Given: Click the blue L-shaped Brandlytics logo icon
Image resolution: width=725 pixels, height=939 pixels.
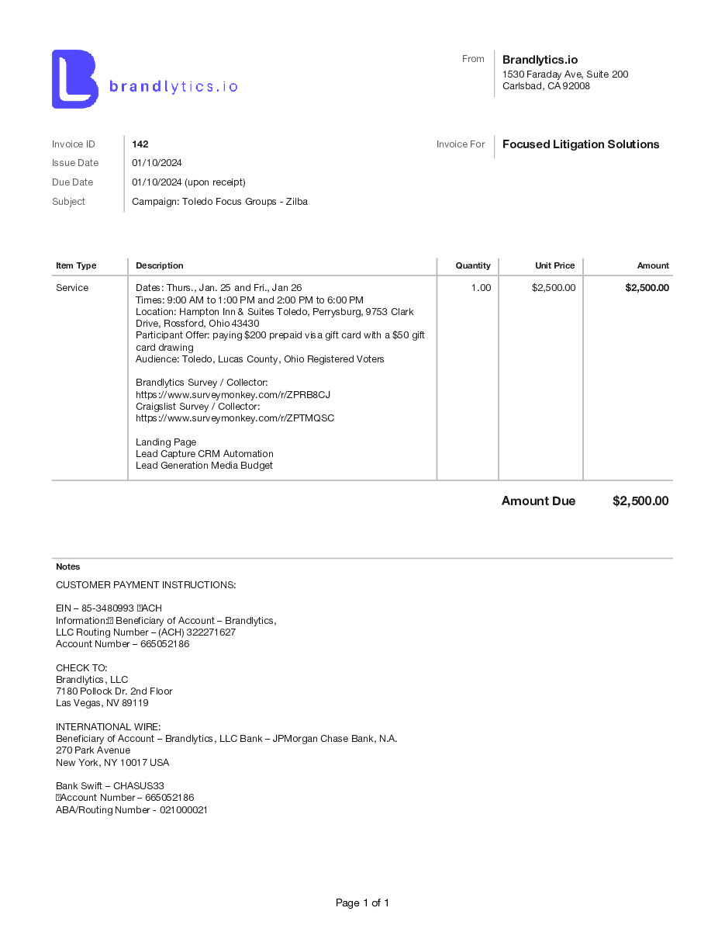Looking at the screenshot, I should [74, 79].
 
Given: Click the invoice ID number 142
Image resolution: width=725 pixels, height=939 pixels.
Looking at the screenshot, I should [140, 144].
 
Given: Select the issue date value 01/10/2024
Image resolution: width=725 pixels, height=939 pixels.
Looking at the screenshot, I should [157, 163].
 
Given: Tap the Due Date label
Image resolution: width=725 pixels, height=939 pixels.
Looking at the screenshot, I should [72, 182].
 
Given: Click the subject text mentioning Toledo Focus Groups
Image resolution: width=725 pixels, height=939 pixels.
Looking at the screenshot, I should [219, 202].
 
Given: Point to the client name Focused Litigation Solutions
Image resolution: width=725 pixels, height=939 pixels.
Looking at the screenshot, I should [581, 144].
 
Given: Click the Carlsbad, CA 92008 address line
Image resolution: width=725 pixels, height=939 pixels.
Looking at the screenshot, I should [546, 86].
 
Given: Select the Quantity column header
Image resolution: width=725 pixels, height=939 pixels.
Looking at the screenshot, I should [473, 265].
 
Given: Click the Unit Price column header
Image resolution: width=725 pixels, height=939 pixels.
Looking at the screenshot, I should [554, 265].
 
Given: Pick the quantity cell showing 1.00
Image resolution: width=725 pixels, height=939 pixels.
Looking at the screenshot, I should [481, 288].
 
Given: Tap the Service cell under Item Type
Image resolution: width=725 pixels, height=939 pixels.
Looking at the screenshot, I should [72, 288].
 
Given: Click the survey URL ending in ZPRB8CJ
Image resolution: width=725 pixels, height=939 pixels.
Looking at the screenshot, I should [233, 395].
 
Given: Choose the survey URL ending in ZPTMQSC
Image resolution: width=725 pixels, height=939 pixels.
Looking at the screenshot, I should [235, 418].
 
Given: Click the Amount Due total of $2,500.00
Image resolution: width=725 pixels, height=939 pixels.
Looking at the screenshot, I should [640, 501].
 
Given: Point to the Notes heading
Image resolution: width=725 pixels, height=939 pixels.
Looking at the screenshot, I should [67, 567].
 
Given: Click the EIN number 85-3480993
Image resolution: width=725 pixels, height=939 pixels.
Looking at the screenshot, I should [108, 608].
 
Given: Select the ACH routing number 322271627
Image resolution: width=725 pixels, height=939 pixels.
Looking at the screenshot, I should [209, 632].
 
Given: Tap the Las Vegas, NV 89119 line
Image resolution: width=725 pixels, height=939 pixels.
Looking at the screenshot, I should [102, 703].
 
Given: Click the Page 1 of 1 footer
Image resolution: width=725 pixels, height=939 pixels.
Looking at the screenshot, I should [362, 903].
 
